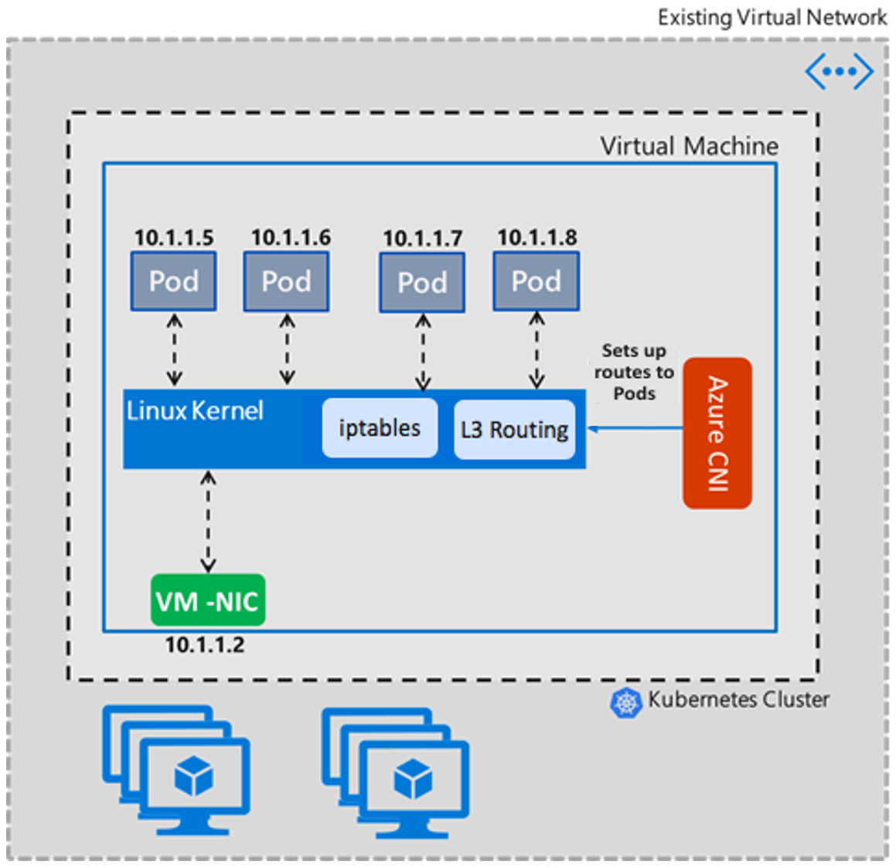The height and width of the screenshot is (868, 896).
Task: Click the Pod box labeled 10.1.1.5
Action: click(173, 281)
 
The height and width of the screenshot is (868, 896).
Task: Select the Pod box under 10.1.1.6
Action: click(286, 281)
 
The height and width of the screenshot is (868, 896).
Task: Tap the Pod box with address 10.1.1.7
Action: click(422, 282)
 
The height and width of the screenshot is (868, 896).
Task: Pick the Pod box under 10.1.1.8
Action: click(537, 281)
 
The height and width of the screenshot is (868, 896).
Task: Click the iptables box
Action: click(380, 428)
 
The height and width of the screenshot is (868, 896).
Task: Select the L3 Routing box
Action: click(514, 429)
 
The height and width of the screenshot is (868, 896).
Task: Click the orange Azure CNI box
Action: click(717, 433)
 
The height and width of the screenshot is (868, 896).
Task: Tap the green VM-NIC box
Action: click(207, 601)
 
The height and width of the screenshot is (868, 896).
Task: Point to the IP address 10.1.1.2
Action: click(204, 645)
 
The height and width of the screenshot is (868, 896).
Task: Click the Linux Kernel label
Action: click(195, 410)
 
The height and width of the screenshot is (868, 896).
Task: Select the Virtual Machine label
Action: click(689, 146)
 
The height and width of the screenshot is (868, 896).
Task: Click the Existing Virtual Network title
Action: click(772, 17)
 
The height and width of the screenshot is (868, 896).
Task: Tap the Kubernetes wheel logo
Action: click(625, 703)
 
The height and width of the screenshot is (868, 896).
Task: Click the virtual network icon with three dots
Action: click(839, 72)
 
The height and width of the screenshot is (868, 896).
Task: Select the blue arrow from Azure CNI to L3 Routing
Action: click(634, 428)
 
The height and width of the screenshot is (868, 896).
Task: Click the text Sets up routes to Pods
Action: click(634, 372)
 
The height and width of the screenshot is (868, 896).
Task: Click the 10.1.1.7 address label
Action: click(422, 238)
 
